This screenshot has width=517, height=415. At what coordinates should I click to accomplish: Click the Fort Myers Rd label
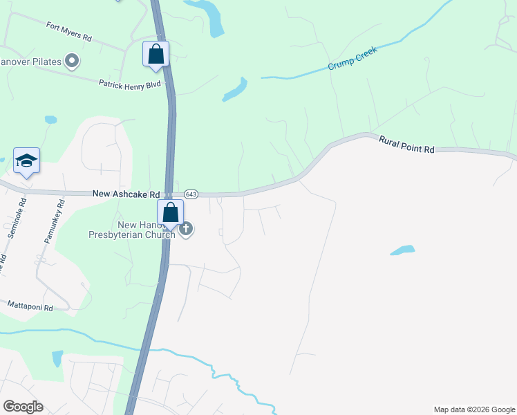pos(69,30)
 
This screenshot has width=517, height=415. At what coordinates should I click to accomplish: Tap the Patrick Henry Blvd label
pos(129,84)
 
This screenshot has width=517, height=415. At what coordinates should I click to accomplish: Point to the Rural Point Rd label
pos(406,144)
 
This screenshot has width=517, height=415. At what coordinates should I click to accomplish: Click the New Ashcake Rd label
pos(126,195)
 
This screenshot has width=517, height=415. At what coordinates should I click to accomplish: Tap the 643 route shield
pos(191,195)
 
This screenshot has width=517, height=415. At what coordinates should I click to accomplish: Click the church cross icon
pos(186,229)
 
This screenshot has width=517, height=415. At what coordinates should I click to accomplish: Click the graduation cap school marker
pos(26,161)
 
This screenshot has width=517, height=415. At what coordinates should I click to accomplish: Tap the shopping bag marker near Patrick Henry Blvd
pos(156,54)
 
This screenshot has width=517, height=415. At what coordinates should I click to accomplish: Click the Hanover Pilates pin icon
pos(72,62)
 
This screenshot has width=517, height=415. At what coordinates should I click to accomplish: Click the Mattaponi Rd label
pos(30,304)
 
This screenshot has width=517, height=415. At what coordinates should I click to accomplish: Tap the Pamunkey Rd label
pos(53,221)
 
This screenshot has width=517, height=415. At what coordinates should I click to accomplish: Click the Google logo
pos(23,406)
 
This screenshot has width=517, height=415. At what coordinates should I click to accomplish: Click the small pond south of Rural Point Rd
pos(402,250)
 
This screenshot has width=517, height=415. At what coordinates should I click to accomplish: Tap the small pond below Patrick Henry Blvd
pos(50,120)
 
